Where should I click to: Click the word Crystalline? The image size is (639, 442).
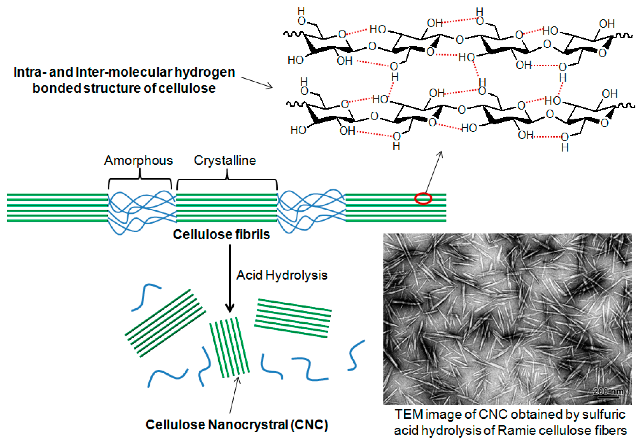click(x=225, y=160)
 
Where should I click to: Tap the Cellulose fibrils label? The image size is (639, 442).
click(x=221, y=234)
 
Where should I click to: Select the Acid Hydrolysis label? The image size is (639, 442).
click(x=282, y=275)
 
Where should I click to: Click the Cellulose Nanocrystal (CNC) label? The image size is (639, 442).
click(x=237, y=424)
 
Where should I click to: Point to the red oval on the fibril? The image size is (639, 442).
click(x=423, y=199)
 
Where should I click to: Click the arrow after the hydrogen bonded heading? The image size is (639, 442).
click(x=257, y=83)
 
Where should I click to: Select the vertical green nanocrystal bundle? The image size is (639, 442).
click(x=229, y=348)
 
